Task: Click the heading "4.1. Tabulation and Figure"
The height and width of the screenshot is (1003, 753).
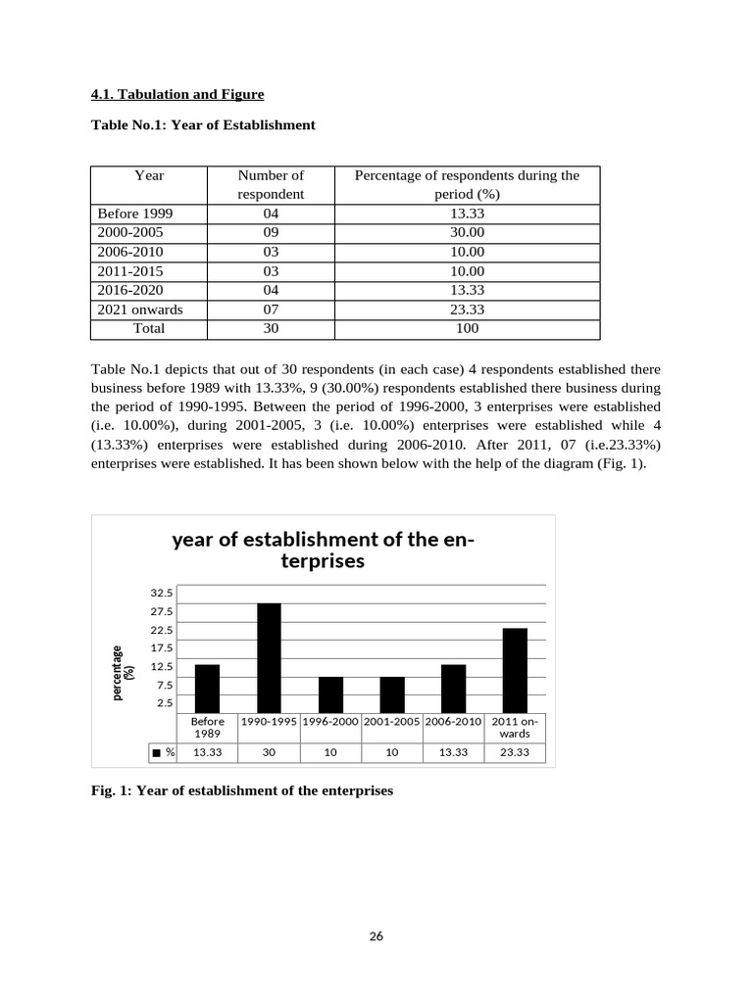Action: click(176, 94)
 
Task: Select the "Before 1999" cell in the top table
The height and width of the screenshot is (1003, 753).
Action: click(135, 214)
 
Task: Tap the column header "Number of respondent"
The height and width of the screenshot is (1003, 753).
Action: click(271, 184)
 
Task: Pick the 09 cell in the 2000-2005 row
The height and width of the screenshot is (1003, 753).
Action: click(271, 232)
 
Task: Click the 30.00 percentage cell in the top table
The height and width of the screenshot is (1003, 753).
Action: click(467, 232)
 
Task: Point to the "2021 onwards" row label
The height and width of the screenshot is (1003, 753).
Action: click(139, 310)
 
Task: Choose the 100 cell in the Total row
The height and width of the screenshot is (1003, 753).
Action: click(467, 328)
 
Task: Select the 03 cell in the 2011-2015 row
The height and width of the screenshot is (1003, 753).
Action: click(271, 270)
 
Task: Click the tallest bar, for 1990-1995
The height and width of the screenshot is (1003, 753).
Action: click(269, 658)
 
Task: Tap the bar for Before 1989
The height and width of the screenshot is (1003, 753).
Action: click(207, 689)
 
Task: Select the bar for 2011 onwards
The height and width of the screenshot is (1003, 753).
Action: click(515, 670)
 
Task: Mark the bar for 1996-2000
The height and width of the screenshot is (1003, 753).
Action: click(330, 694)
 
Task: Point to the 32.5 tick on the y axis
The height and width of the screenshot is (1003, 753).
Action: click(162, 593)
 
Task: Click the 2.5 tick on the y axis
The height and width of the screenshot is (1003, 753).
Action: click(165, 702)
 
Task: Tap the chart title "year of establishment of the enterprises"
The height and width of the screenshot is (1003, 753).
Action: click(317, 549)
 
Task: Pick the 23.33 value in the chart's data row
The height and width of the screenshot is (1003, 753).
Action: click(515, 752)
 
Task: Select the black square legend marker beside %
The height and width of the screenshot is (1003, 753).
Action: click(156, 752)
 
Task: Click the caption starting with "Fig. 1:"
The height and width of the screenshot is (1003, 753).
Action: click(241, 790)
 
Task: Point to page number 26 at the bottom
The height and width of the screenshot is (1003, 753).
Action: click(376, 935)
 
